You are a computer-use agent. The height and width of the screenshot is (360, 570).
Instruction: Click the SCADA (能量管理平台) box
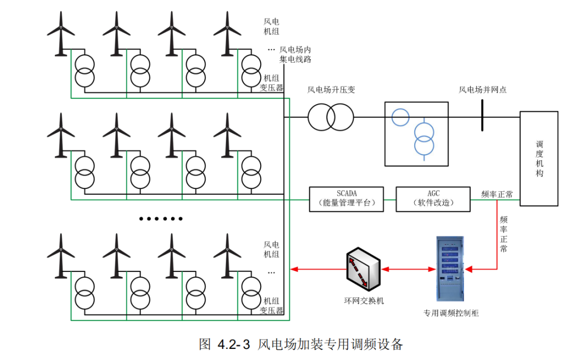click(346, 199)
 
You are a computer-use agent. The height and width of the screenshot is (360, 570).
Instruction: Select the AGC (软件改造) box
click(433, 199)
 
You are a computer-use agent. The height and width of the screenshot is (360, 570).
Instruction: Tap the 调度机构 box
click(539, 158)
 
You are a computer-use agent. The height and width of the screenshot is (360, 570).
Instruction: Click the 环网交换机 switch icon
click(364, 270)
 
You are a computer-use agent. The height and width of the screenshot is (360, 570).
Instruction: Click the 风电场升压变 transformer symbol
click(331, 117)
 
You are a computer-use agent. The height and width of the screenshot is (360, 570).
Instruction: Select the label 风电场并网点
click(482, 90)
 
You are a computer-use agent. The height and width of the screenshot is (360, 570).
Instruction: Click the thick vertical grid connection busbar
click(482, 115)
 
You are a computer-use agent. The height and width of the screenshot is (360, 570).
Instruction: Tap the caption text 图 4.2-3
click(224, 345)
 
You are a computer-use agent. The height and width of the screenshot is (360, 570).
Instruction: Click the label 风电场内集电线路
click(296, 54)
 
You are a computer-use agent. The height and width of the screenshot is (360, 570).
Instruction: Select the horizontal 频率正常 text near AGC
click(497, 194)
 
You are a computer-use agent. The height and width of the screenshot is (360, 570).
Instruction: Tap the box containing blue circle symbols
click(416, 134)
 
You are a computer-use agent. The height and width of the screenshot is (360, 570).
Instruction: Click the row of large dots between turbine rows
click(161, 219)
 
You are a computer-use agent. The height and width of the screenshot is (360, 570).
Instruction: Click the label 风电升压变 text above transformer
click(331, 90)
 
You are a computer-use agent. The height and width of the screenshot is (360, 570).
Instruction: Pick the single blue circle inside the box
click(401, 117)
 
